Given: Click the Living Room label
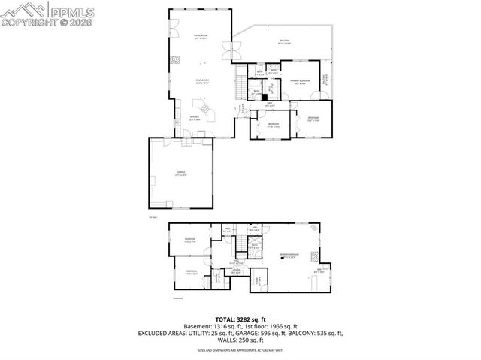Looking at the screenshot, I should click(x=201, y=36).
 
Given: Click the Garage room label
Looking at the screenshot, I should click(x=180, y=174).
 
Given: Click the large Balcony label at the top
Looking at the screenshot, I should click(x=285, y=41).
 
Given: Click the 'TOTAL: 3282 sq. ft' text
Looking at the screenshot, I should click(x=240, y=319).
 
